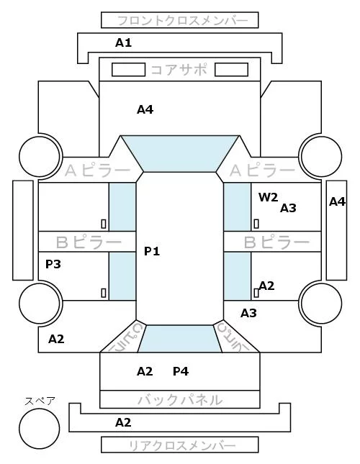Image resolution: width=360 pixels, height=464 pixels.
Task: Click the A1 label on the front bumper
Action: pos(123,43)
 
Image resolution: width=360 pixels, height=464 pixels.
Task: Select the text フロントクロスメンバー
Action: pos(182,21)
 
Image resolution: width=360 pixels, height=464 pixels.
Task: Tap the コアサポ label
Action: pos(179,70)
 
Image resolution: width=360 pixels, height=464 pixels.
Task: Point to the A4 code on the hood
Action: pos(145,110)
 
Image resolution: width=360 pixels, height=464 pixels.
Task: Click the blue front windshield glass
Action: pos(180,153)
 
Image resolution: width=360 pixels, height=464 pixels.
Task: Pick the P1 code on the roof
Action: pos(152,252)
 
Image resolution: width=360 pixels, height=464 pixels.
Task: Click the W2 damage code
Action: pos(269,197)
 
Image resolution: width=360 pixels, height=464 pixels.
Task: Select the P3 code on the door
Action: pos(53,264)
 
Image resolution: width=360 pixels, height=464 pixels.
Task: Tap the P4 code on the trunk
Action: pos(181,371)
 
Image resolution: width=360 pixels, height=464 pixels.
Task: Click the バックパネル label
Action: pos(180,400)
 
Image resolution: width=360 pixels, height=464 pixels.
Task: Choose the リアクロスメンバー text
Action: pos(182,445)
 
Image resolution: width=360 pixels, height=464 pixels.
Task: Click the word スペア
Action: pos(40,401)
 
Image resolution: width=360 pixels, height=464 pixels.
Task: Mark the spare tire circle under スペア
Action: pos(40,429)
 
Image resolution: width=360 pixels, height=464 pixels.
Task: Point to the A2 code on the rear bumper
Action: pos(123,422)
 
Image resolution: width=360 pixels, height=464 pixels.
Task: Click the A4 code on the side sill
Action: pos(338,202)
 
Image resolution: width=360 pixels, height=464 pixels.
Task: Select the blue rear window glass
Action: pos(180,339)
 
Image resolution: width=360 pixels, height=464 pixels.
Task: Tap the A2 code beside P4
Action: pos(145,371)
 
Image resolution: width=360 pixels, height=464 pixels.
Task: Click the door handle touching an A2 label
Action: pos(256,293)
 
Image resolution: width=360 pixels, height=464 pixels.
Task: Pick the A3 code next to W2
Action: pos(288,209)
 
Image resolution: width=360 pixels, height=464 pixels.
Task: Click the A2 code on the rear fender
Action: pos(56,339)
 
